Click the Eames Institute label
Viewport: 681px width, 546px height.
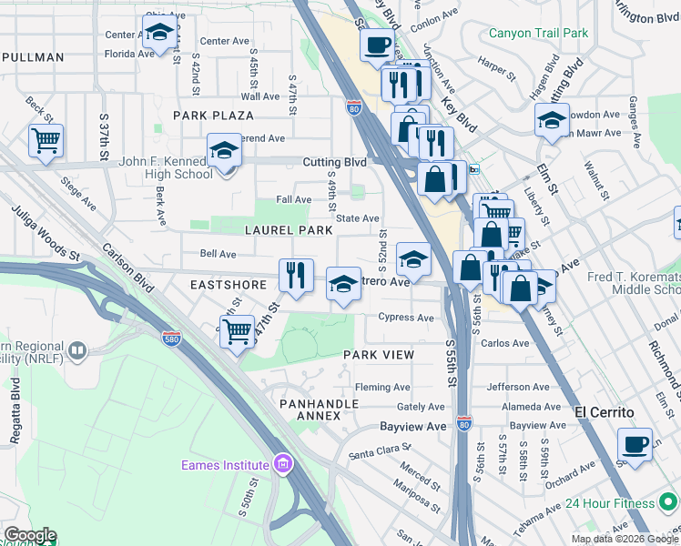[225, 465]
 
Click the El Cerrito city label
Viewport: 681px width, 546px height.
[604, 411]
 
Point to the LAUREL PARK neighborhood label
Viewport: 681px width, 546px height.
[289, 230]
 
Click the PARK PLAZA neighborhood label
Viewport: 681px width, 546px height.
[213, 116]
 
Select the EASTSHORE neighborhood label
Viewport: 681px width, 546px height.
[228, 285]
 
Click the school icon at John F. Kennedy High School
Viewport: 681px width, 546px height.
[223, 151]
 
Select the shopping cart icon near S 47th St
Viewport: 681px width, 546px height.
[237, 331]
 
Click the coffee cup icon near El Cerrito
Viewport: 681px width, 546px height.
[635, 445]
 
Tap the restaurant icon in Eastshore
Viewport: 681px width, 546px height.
[296, 276]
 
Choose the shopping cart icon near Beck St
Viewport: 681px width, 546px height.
[45, 141]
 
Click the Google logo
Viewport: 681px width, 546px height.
[30, 535]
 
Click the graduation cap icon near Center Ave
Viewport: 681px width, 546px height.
[160, 33]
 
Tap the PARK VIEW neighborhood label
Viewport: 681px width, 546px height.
[379, 355]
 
